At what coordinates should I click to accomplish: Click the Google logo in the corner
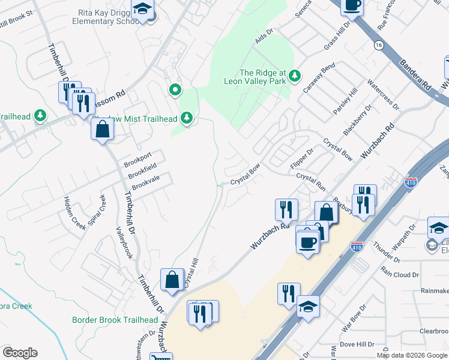(20, 353)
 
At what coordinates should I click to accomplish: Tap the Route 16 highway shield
(378, 46)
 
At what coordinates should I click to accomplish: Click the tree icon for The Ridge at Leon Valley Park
(294, 76)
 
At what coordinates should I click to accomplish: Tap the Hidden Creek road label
(71, 211)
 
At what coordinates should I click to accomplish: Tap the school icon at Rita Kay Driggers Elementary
(143, 8)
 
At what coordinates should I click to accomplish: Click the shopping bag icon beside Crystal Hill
(172, 279)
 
